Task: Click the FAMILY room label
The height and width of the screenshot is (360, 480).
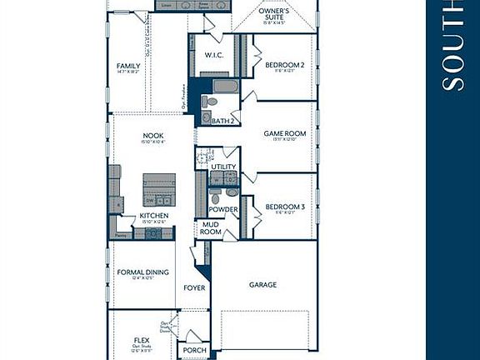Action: [x=128, y=66]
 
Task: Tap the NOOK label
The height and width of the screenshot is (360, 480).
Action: [x=152, y=135]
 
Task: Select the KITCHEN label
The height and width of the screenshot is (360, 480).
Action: [x=154, y=216]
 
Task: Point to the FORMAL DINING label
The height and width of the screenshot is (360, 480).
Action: [x=142, y=272]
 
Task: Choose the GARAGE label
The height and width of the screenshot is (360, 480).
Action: [x=262, y=285]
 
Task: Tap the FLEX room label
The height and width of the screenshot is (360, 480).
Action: [x=142, y=340]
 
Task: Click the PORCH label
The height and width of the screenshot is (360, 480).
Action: [x=195, y=350]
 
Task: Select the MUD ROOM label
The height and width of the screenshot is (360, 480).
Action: [x=211, y=228]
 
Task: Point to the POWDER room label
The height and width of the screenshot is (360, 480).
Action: [x=223, y=209]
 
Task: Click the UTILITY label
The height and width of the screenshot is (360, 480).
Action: [x=223, y=167]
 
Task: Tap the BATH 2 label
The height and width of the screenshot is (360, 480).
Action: [x=222, y=122]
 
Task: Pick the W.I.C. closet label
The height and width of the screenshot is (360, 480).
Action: [x=213, y=55]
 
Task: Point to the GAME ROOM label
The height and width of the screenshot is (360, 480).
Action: [x=285, y=133]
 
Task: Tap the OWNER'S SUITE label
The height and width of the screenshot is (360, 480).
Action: [x=274, y=14]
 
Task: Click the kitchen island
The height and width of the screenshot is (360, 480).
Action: [x=159, y=188]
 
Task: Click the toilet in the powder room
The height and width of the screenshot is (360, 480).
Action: [x=216, y=197]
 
